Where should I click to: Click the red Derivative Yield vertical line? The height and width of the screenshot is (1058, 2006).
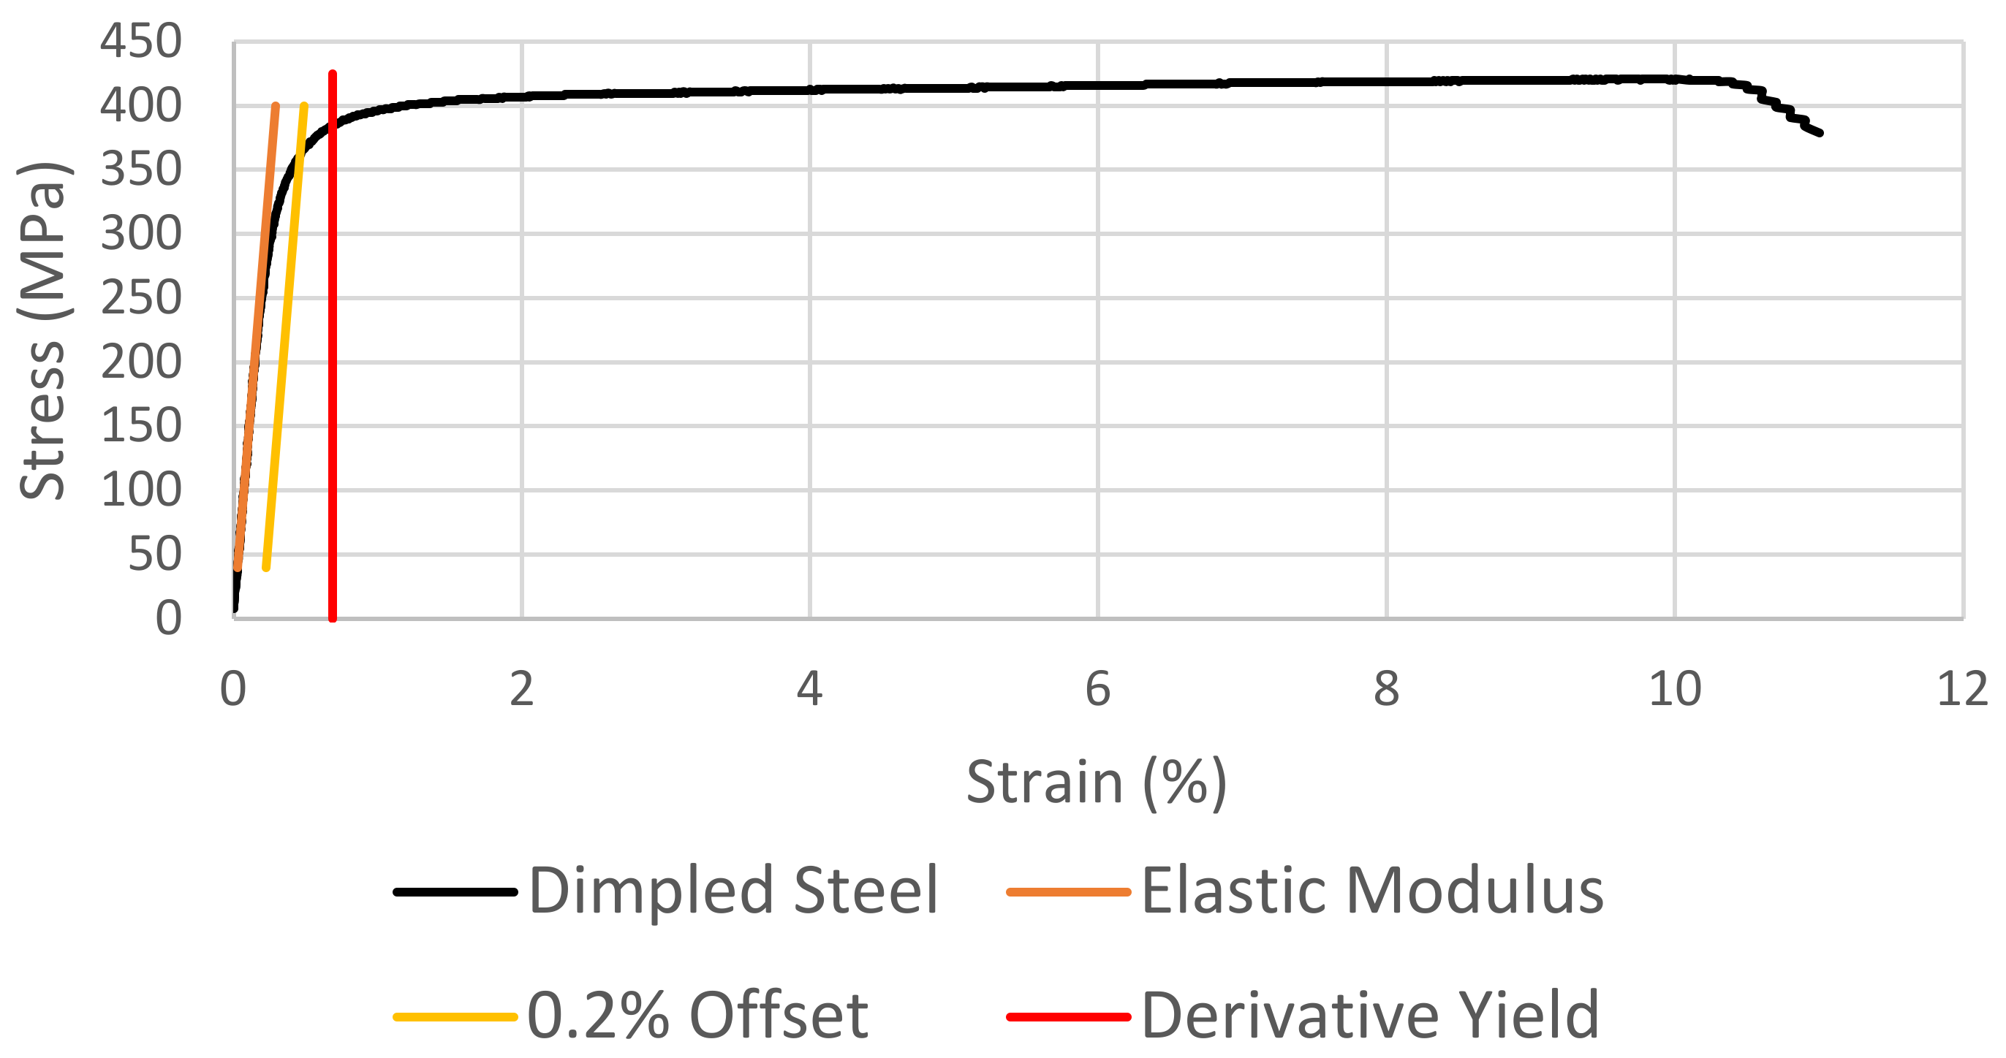(333, 389)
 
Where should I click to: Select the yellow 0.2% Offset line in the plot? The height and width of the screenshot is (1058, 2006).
(285, 335)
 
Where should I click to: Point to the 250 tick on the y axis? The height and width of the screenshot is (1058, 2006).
(141, 298)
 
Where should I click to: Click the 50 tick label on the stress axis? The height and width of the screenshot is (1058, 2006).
(154, 555)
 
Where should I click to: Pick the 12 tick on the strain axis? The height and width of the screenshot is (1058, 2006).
(1961, 689)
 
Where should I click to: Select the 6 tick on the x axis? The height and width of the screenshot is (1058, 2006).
(1097, 689)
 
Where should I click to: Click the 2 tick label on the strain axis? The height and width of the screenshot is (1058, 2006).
(522, 689)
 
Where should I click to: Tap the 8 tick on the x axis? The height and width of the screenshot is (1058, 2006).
(1386, 689)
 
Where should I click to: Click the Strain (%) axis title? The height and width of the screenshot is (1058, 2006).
(1097, 782)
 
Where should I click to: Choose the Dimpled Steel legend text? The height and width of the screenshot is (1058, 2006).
(733, 891)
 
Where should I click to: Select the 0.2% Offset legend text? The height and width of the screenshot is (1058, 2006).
(697, 1015)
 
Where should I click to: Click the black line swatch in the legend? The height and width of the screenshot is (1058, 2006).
(455, 892)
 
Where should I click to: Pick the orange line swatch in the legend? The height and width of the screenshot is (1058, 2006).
(1068, 892)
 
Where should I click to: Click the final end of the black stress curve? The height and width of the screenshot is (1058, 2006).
(1819, 133)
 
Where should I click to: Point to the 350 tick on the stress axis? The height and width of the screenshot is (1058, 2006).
(141, 170)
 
